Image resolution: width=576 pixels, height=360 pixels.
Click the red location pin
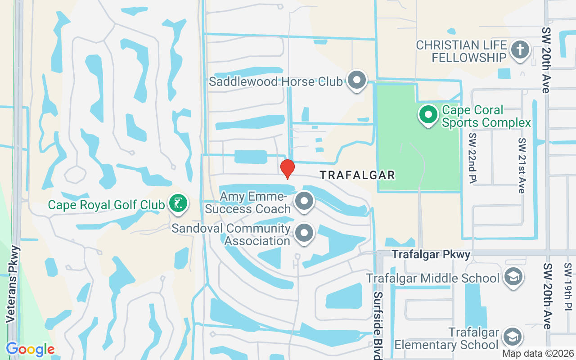pos(287,169)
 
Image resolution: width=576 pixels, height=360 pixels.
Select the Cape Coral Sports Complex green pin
pos(428,115)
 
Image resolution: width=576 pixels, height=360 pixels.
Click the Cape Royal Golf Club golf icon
pos(178,203)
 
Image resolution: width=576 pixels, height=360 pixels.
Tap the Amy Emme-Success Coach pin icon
pos(304,201)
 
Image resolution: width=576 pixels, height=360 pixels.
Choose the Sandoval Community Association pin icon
pos(304,233)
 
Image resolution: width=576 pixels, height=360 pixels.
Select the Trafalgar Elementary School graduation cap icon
pos(512,337)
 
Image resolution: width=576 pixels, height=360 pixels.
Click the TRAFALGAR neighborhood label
pos(357,175)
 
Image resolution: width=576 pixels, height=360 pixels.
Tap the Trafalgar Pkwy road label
pos(431,255)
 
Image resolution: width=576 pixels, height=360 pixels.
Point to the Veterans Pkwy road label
pos(13,284)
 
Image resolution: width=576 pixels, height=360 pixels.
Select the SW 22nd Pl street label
pos(472,158)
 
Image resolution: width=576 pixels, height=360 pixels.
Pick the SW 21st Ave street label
pos(522,165)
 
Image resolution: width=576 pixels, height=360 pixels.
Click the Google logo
pos(30,349)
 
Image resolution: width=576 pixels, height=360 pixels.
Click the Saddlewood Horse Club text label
pos(277,82)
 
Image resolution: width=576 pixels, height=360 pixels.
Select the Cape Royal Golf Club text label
pos(106,205)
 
